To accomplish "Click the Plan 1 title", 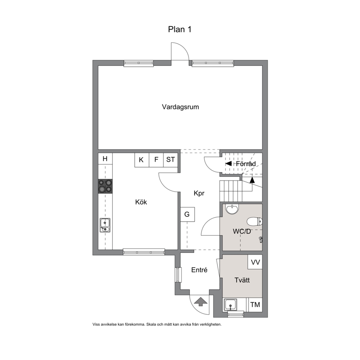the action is pyautogui.click(x=180, y=29).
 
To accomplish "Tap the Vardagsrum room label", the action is pyautogui.click(x=180, y=107).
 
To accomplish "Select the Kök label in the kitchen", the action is pyautogui.click(x=141, y=202).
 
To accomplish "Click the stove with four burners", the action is pyautogui.click(x=105, y=186).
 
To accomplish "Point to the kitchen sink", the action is pyautogui.click(x=105, y=225).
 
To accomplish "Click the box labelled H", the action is pyautogui.click(x=105, y=159).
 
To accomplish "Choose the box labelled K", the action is pyautogui.click(x=142, y=160).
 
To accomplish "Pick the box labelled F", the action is pyautogui.click(x=156, y=160).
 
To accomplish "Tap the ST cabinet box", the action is pyautogui.click(x=171, y=160).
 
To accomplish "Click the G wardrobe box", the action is pyautogui.click(x=187, y=214).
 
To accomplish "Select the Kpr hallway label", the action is pyautogui.click(x=199, y=193).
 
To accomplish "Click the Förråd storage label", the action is pyautogui.click(x=246, y=164).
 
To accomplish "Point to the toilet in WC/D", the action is pyautogui.click(x=254, y=222).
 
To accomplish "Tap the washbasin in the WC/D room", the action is pyautogui.click(x=232, y=209).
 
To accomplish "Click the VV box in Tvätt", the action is pyautogui.click(x=255, y=262).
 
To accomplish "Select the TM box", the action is pyautogui.click(x=255, y=305).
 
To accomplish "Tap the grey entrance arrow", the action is pyautogui.click(x=201, y=302).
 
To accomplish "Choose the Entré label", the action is pyautogui.click(x=199, y=270).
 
